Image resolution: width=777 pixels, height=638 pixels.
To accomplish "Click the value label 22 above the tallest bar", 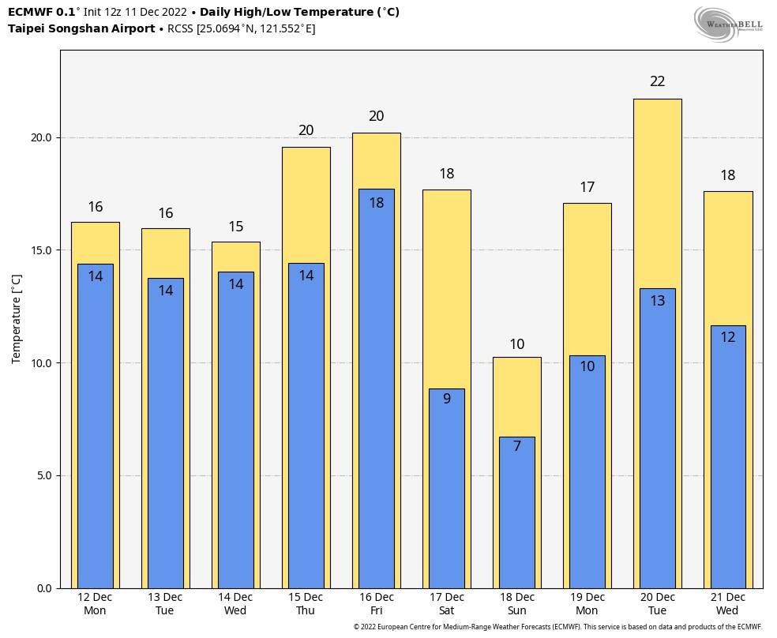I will point(657,81).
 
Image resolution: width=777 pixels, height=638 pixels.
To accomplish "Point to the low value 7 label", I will point(517,446).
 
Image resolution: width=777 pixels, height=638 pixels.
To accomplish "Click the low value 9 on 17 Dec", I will point(447,399).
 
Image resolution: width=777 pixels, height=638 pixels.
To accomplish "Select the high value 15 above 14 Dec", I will point(236,227).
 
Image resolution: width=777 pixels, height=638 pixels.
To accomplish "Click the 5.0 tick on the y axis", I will point(43,475).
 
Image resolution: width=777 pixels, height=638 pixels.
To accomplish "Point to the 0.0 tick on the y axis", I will point(43,588).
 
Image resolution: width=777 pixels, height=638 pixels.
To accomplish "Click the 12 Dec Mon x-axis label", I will point(95,604).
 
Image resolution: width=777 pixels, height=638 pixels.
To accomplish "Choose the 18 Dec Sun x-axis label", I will point(517,604).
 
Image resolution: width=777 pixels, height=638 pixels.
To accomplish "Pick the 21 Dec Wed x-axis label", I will point(727,604).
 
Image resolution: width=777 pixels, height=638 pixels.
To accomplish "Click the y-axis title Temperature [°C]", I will point(17,319).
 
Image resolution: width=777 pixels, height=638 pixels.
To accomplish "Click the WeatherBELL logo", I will point(728,24).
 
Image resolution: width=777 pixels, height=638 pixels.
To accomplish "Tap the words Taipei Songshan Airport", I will point(81,29).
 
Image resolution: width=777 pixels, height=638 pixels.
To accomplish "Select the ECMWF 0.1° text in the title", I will point(43,13).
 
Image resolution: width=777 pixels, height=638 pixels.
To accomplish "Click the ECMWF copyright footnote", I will point(557,627).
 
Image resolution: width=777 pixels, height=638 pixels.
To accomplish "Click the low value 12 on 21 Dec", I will point(728,337).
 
